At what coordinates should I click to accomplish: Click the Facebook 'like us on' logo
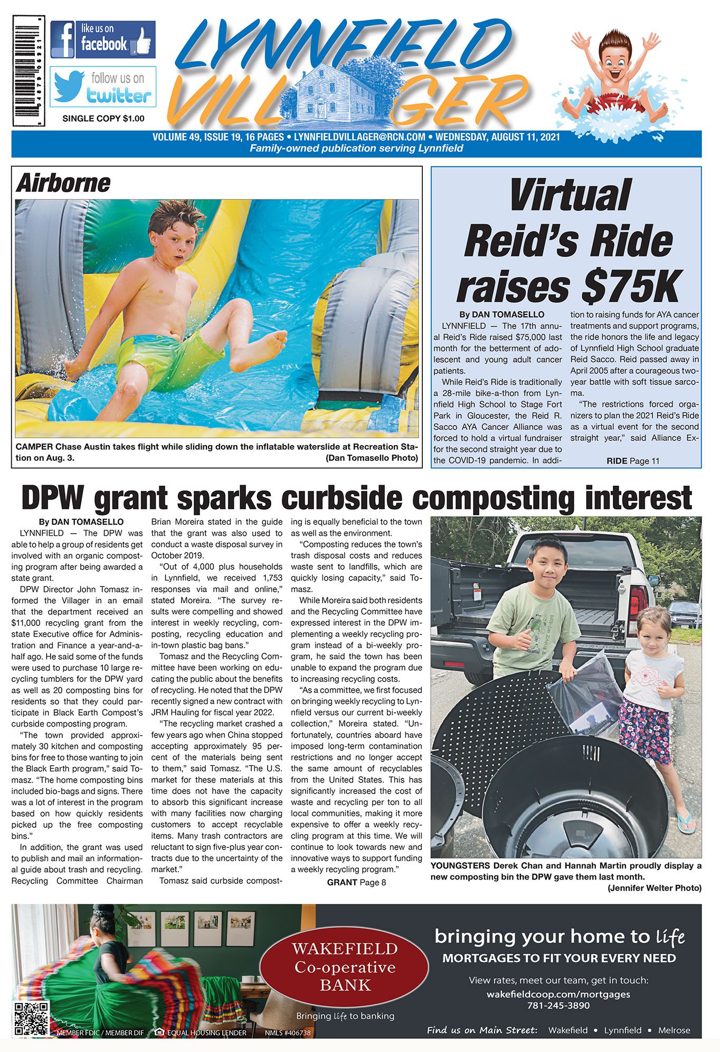[103, 39]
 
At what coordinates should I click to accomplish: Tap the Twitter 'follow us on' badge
[103, 87]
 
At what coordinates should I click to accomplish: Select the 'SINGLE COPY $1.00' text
[103, 119]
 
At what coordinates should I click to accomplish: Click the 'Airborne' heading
[63, 183]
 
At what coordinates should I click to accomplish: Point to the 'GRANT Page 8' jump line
[356, 882]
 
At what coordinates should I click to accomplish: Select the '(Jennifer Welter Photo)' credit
[654, 888]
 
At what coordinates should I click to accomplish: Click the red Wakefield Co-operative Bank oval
[345, 966]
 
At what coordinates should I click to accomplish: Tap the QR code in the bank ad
[32, 1018]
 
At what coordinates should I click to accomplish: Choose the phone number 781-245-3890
[558, 1006]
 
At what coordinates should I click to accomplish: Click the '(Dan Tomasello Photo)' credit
[372, 458]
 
